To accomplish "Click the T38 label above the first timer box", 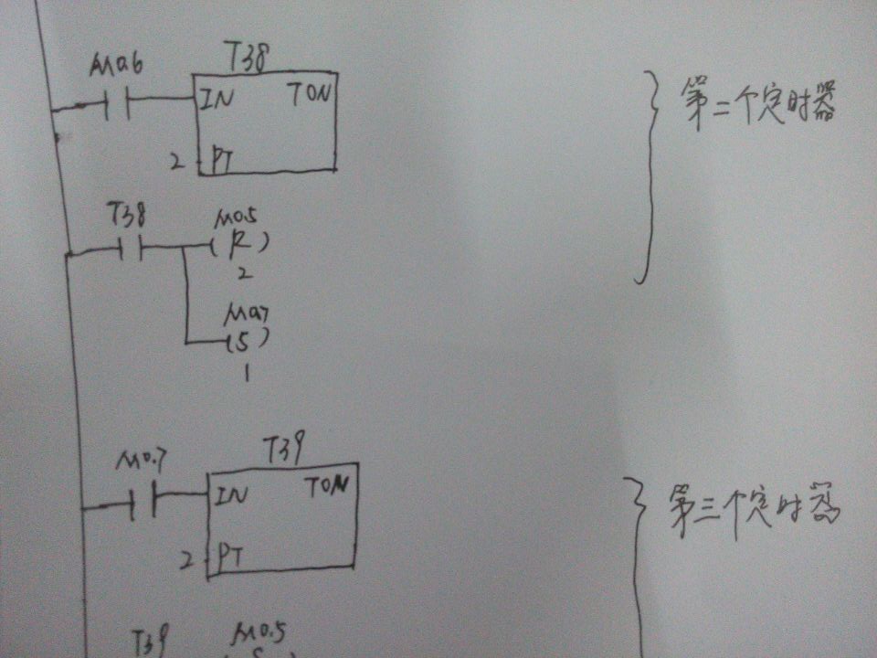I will click(x=246, y=59).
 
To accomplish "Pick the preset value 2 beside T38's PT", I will click(x=175, y=163).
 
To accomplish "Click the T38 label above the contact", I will click(x=125, y=214).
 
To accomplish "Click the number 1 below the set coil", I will click(x=247, y=374).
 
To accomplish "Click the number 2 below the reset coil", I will click(x=242, y=273).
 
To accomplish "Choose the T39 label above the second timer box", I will click(x=283, y=450).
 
